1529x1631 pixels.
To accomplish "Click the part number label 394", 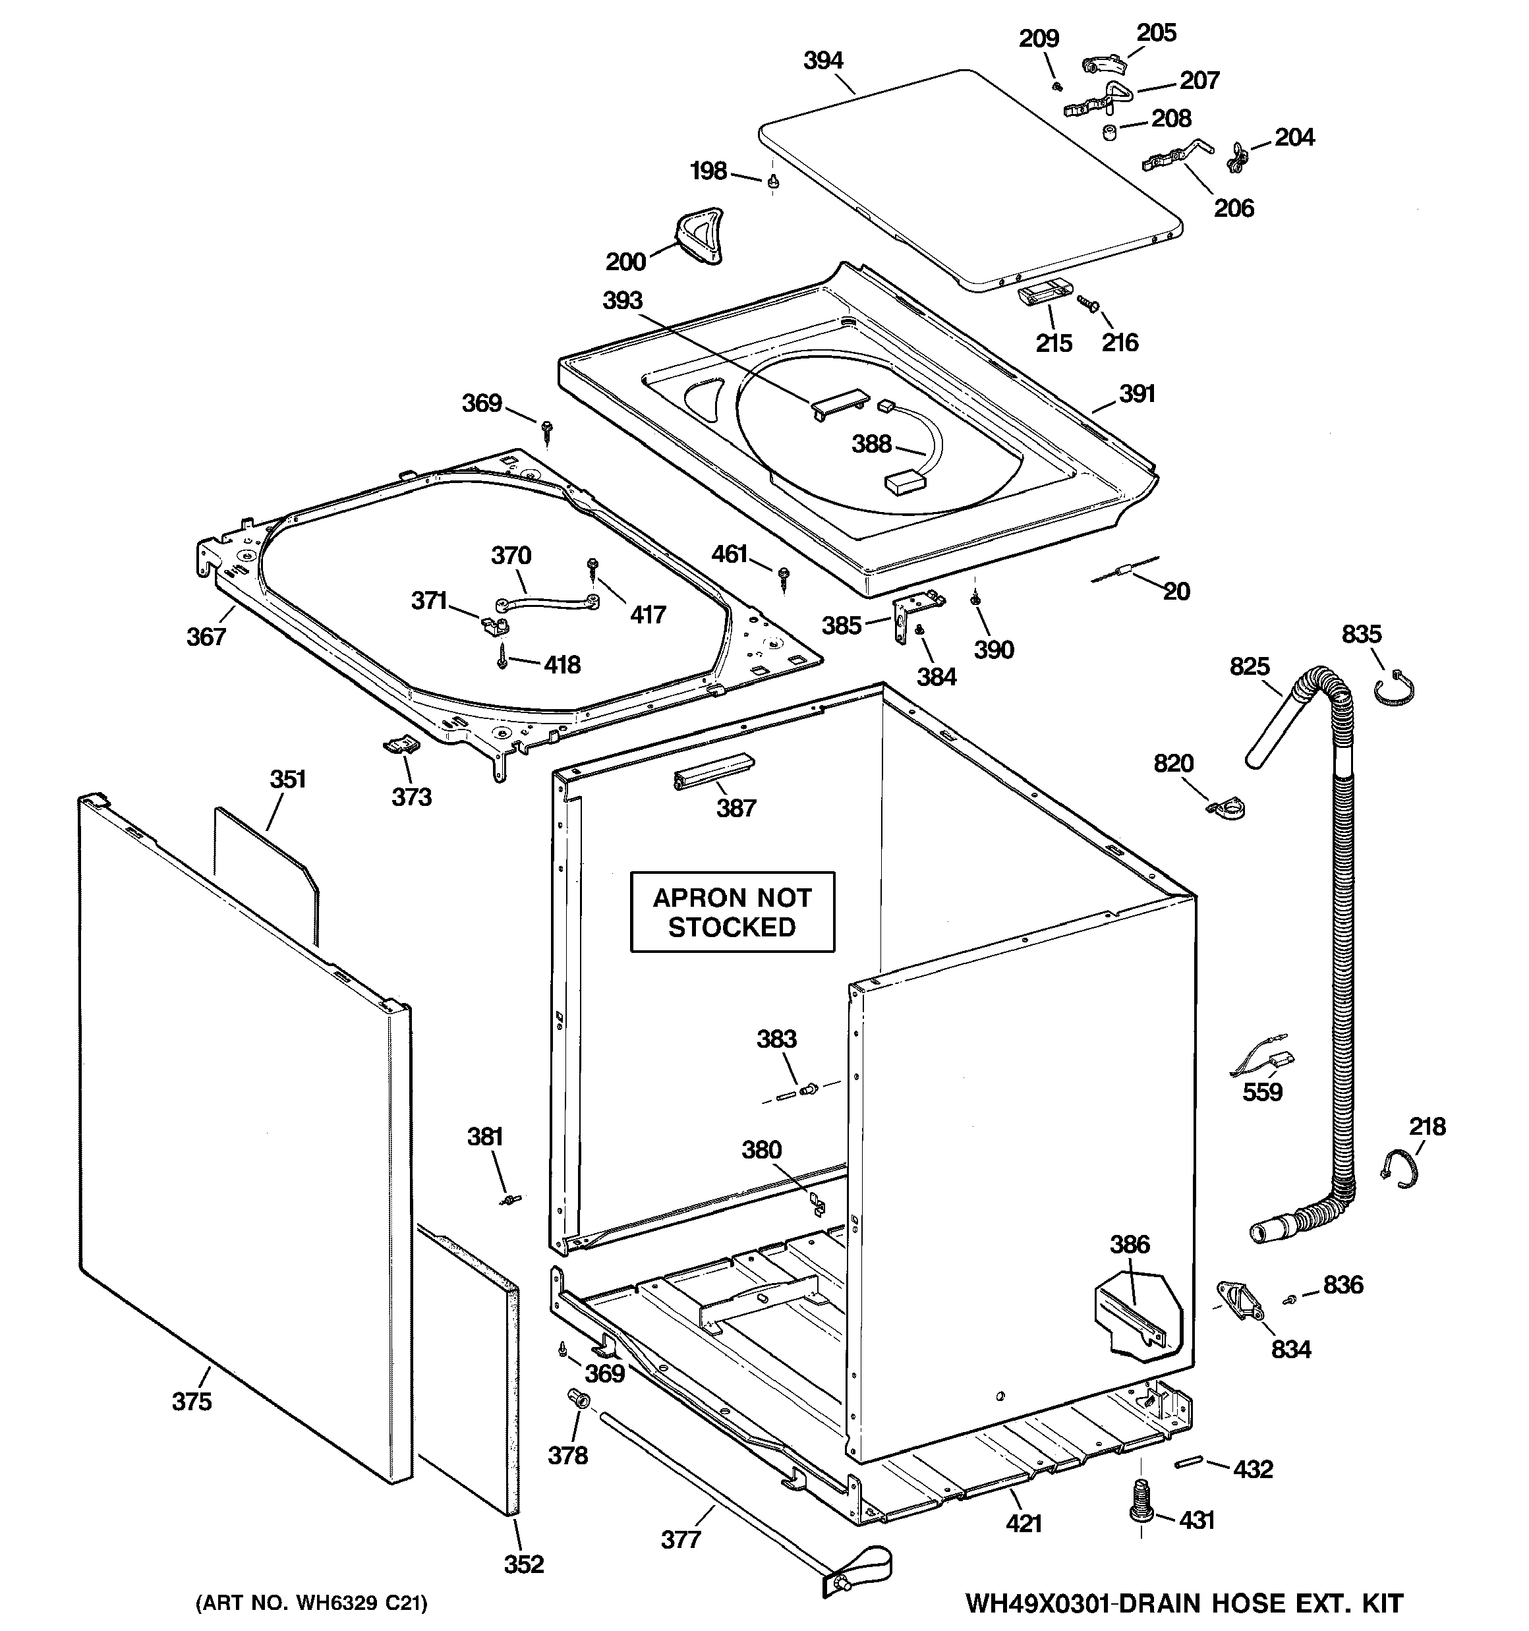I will [822, 61].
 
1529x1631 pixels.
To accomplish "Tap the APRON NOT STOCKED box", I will [732, 912].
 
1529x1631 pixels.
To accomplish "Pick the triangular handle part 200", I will [699, 235].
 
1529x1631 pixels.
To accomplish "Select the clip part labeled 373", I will [402, 744].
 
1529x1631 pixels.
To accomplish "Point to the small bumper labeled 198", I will [772, 182].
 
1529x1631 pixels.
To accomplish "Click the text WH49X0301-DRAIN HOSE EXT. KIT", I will [1184, 1603].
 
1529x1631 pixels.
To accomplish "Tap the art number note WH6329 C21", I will [311, 1603].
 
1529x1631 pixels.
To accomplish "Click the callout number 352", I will [524, 1564].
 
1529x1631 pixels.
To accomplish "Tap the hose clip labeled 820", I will [1227, 810].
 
